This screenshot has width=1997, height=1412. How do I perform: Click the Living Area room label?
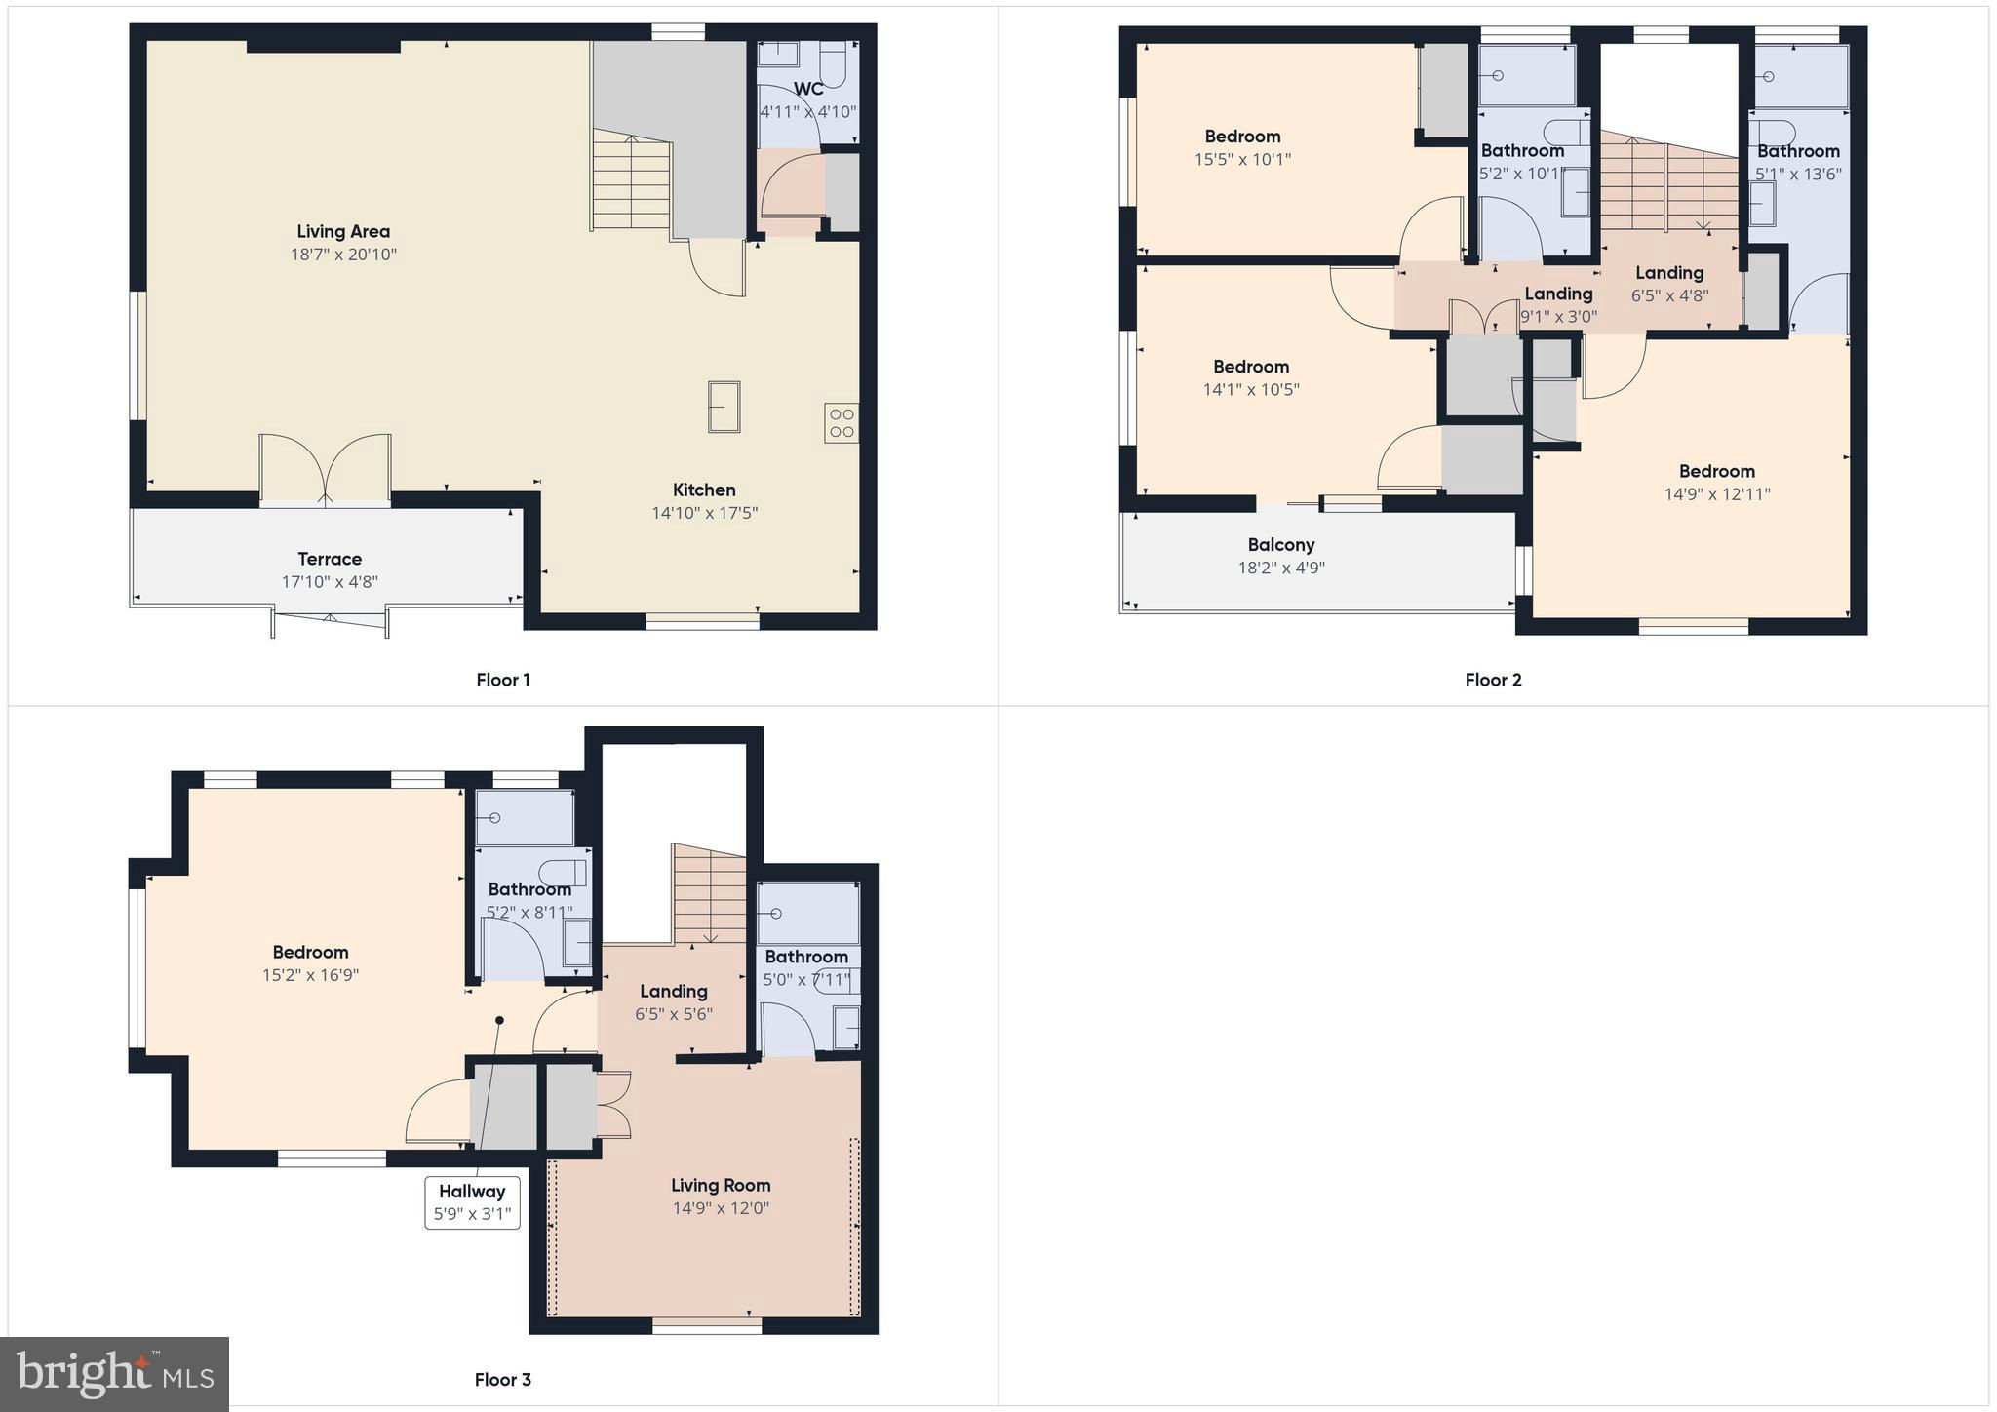click(343, 231)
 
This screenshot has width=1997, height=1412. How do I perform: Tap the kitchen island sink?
click(724, 406)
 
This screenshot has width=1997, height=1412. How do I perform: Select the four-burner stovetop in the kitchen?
click(842, 423)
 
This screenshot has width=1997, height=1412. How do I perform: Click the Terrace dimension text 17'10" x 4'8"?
click(330, 582)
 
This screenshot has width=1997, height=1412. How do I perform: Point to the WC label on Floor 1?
click(807, 89)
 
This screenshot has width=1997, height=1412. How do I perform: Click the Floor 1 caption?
click(503, 680)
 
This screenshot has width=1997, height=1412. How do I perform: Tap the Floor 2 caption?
click(1493, 680)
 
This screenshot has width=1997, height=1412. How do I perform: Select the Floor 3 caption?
click(503, 1379)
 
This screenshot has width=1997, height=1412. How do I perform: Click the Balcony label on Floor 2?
click(1281, 545)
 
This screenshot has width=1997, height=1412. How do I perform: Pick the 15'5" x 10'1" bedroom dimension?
click(1242, 159)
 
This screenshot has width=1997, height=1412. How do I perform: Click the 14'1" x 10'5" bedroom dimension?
click(1251, 389)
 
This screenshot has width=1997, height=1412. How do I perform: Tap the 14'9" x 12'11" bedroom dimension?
click(1717, 493)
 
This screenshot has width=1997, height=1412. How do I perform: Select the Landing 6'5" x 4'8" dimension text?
click(1670, 295)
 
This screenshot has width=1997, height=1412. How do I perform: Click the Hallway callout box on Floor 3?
click(472, 1202)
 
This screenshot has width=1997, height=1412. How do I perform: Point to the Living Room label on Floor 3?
click(721, 1185)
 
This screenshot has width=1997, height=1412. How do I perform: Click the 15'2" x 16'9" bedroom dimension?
click(310, 974)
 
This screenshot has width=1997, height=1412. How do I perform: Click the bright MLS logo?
click(115, 1373)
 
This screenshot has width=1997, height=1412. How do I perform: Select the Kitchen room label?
click(704, 490)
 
